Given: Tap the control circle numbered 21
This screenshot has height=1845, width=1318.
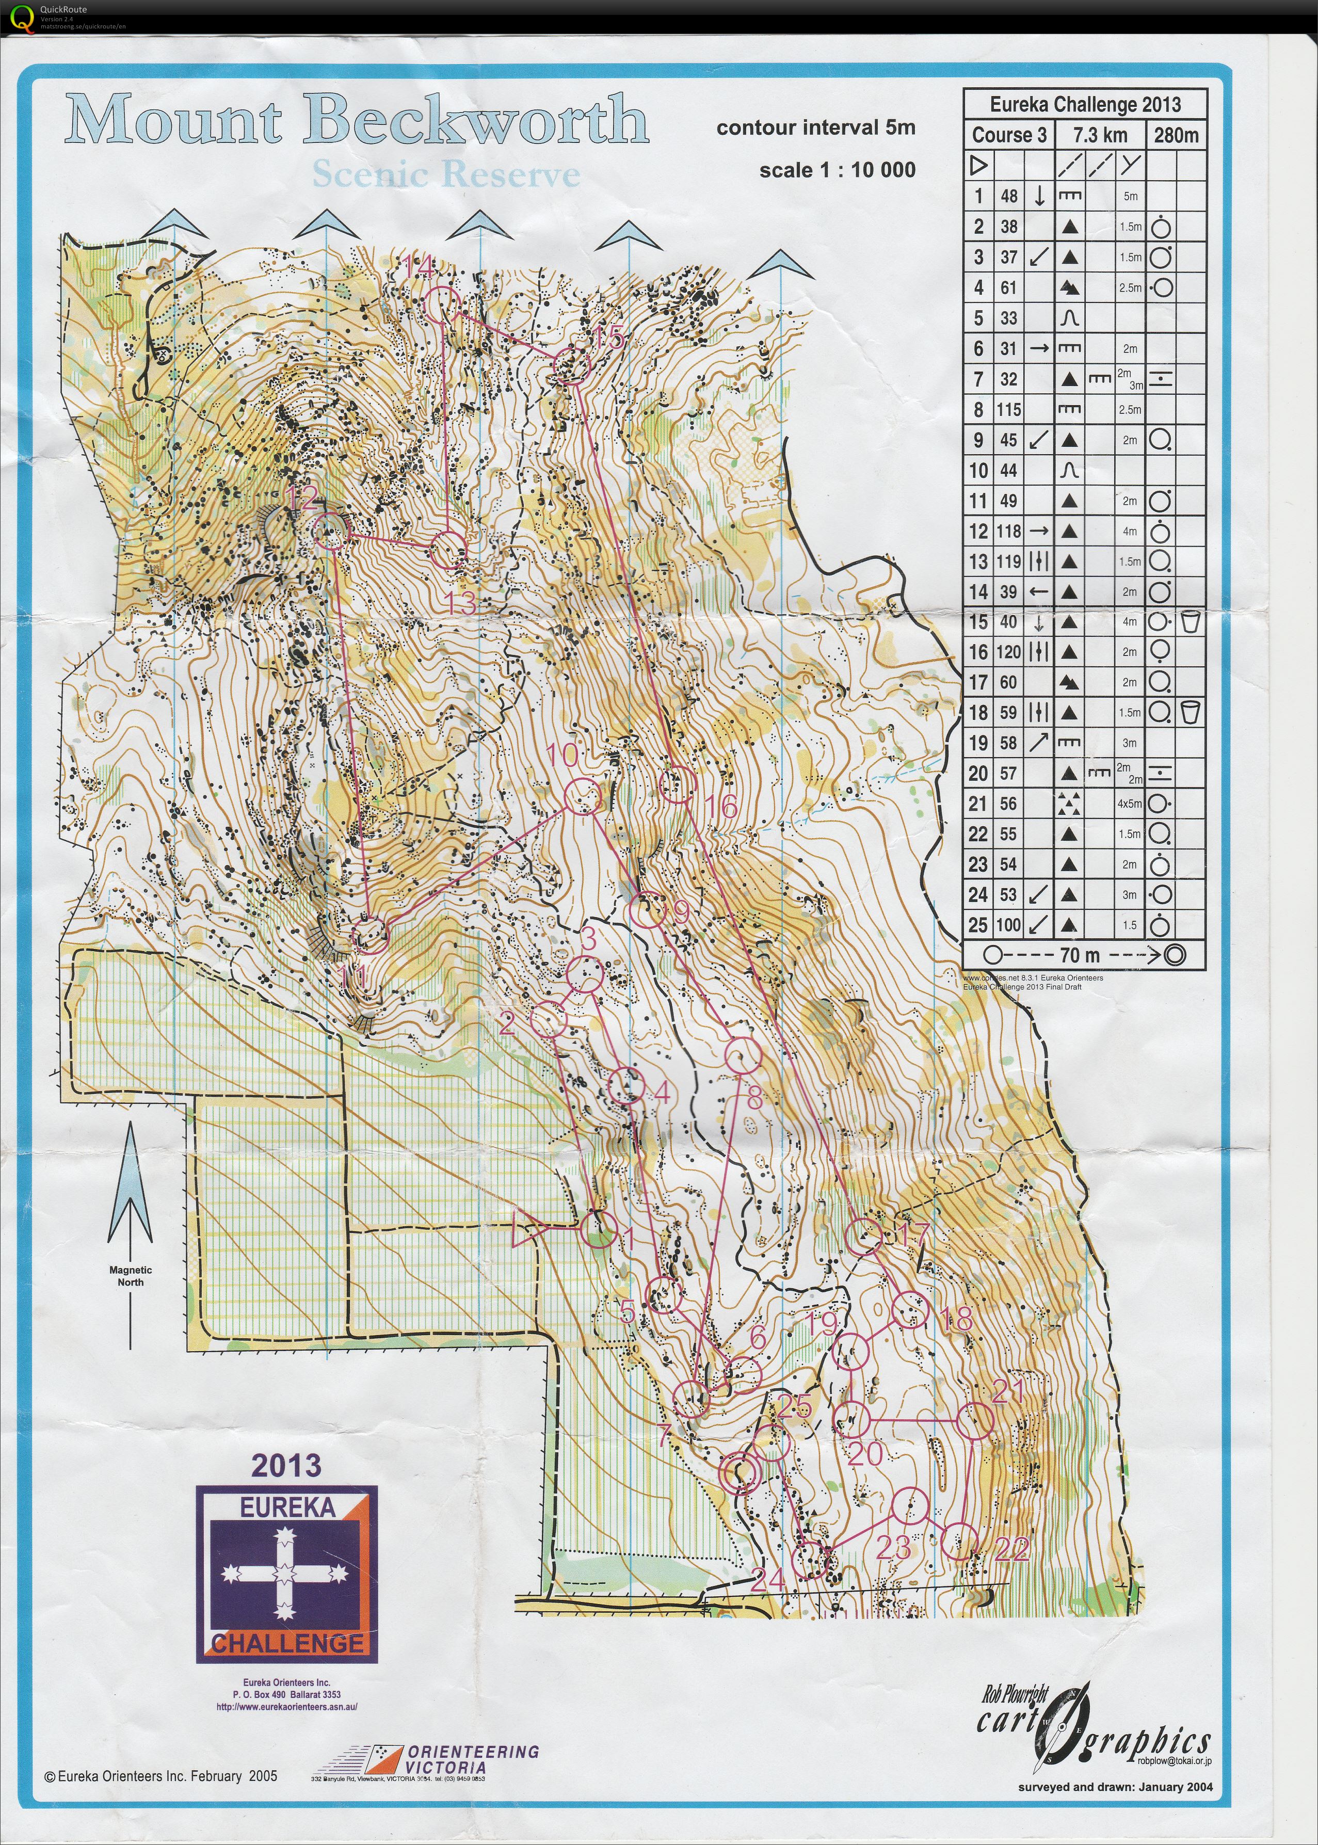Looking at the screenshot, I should pyautogui.click(x=975, y=1420).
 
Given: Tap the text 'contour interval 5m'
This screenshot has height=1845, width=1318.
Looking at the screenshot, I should pyautogui.click(x=816, y=127).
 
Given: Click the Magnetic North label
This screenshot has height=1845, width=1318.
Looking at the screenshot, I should pyautogui.click(x=130, y=1276).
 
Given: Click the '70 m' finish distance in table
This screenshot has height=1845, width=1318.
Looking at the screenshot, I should pyautogui.click(x=1080, y=955).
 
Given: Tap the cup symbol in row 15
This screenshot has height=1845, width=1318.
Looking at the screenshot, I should pyautogui.click(x=1191, y=622).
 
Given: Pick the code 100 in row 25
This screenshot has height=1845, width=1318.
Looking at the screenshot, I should pyautogui.click(x=1009, y=924).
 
